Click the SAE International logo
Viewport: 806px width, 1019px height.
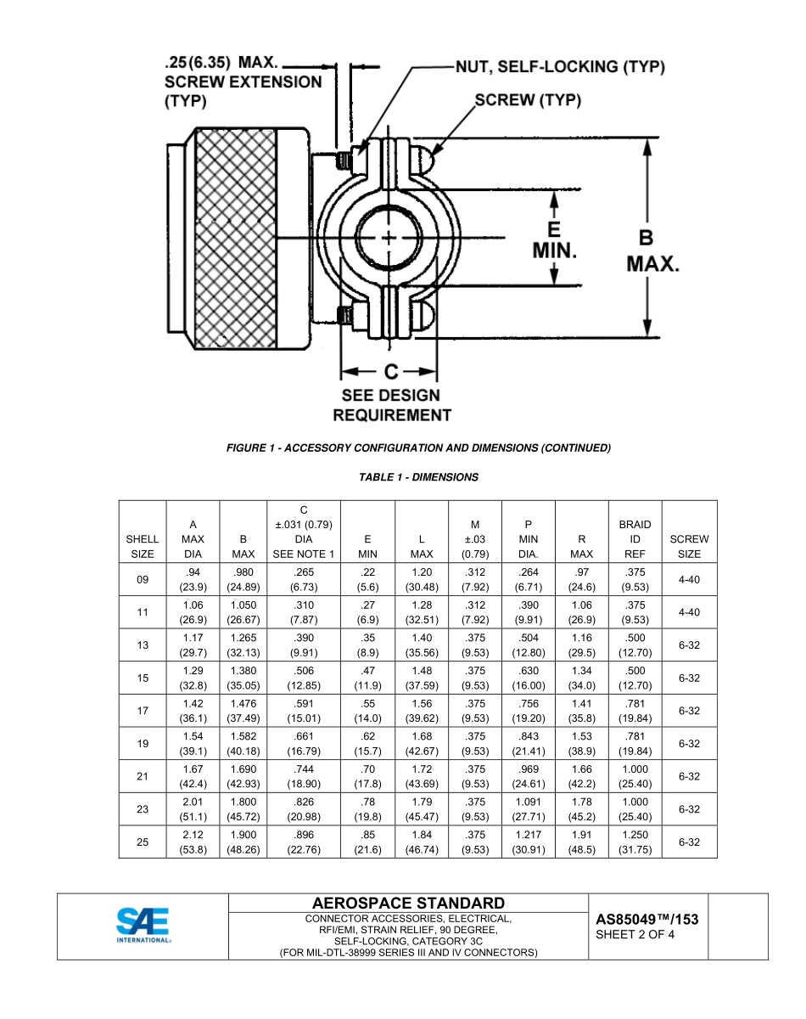click(143, 925)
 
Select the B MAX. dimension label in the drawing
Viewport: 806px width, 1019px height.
click(652, 251)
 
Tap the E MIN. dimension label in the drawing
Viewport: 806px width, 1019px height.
click(555, 240)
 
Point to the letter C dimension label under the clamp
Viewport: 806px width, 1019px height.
click(389, 372)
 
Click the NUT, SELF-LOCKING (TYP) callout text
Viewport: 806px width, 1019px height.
click(560, 67)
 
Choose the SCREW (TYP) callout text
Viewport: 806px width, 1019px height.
click(528, 100)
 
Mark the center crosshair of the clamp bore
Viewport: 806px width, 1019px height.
click(389, 238)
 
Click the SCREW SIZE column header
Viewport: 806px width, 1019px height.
click(689, 546)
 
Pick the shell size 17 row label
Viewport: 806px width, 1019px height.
click(143, 711)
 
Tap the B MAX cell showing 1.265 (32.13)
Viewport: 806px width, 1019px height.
click(243, 645)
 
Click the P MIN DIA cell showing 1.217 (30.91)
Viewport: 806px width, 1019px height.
click(529, 842)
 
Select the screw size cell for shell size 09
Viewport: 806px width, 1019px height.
click(689, 579)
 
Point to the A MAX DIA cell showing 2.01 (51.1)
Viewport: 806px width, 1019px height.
click(193, 809)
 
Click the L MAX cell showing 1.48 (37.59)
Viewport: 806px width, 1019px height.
click(422, 678)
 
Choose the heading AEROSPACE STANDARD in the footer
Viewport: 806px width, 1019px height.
click(408, 904)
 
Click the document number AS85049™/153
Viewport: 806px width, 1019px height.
click(646, 919)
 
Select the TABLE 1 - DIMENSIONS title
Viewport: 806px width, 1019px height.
click(418, 477)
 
